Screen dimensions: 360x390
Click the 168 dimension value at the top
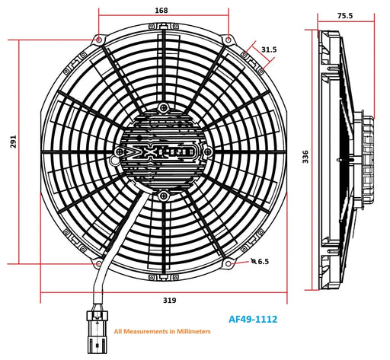(x=161, y=11)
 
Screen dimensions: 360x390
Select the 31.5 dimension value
(x=269, y=49)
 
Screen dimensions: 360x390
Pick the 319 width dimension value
(x=169, y=301)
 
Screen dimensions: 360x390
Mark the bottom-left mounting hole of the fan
(x=99, y=263)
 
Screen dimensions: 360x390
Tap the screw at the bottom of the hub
(x=164, y=193)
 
